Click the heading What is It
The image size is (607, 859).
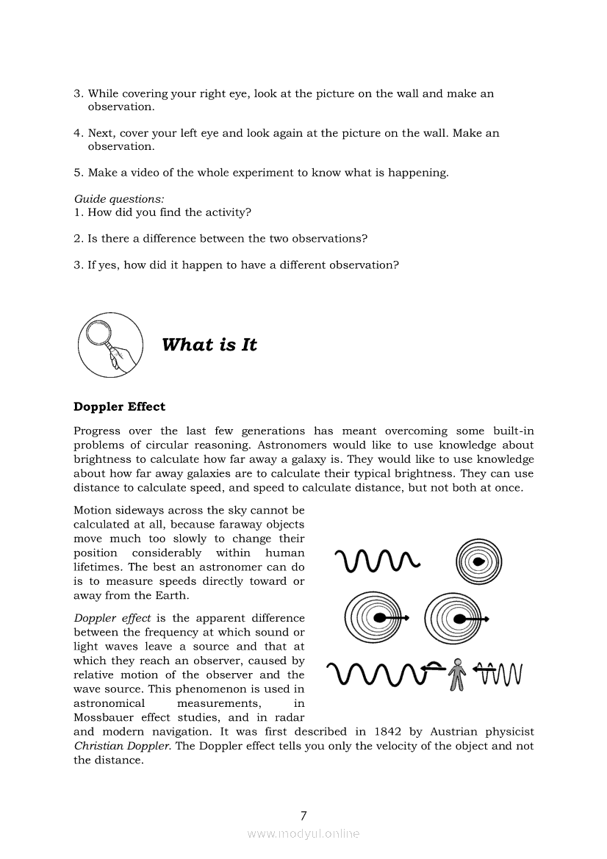tap(209, 345)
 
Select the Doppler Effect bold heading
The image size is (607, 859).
tap(119, 406)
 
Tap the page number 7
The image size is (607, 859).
tap(303, 815)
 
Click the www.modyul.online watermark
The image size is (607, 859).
tap(303, 833)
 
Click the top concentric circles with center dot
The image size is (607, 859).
tap(478, 561)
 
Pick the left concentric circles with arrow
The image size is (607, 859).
tap(377, 618)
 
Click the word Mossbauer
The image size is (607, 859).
tap(104, 717)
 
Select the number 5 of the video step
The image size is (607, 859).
tap(77, 173)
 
